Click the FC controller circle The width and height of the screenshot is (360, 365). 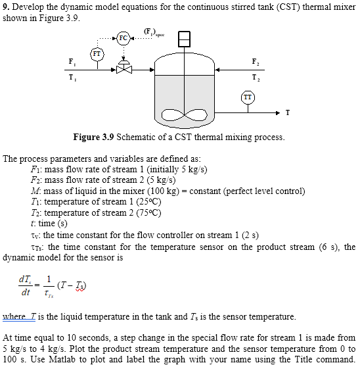(123, 37)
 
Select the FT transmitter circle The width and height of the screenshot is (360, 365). (97, 53)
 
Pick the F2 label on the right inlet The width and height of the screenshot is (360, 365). (254, 61)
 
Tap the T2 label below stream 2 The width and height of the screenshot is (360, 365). (254, 76)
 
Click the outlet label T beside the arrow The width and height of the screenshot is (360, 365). (287, 112)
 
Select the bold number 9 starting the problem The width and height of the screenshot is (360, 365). (5, 6)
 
